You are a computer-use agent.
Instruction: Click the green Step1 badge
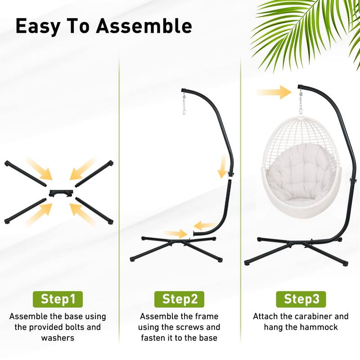(58, 299)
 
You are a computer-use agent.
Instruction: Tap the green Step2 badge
(180, 299)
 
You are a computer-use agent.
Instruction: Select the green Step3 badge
(301, 299)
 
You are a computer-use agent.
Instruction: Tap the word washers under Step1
(58, 338)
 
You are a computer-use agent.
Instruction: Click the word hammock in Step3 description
(319, 327)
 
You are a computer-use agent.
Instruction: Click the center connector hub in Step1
(61, 193)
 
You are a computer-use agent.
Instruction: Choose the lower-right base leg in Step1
(94, 210)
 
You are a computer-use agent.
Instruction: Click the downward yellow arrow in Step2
(222, 166)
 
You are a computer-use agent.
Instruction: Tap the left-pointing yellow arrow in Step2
(205, 225)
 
